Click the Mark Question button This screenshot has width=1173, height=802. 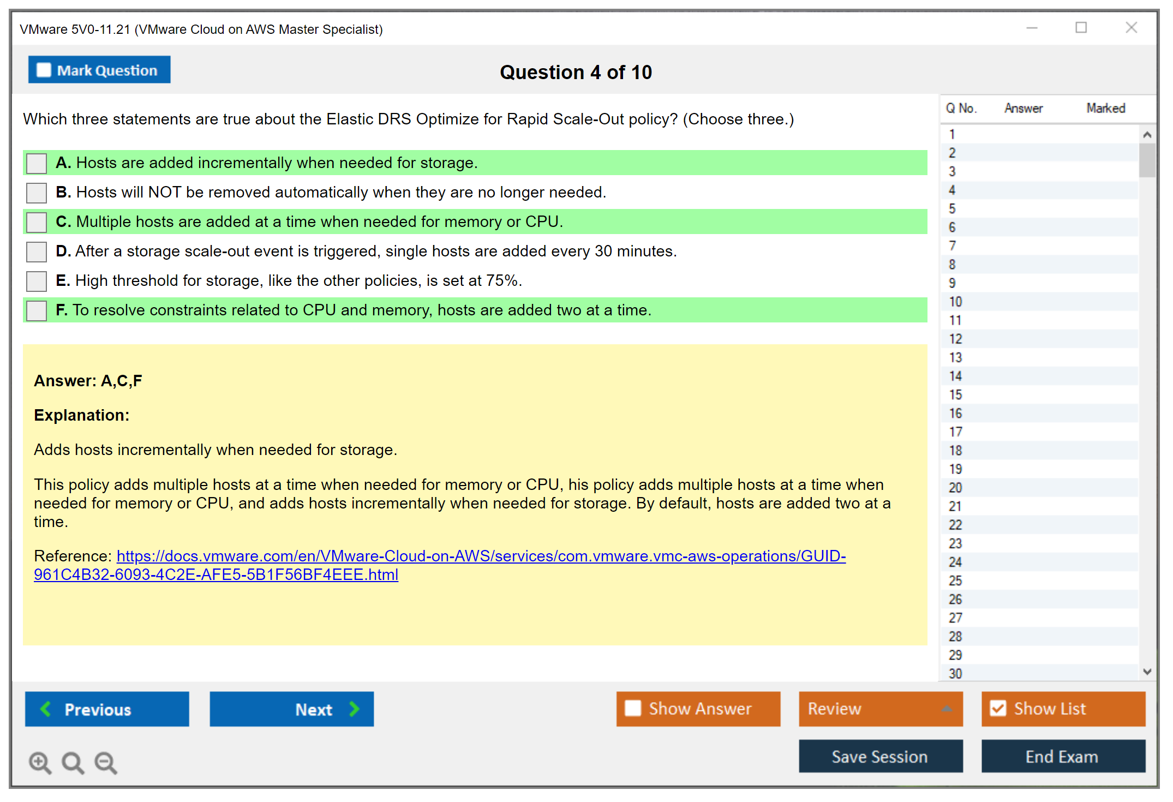point(99,70)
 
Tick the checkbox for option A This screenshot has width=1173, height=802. point(37,163)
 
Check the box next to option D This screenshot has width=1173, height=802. point(37,252)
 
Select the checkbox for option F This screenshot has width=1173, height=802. point(37,310)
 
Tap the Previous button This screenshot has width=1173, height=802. point(107,709)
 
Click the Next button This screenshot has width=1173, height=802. point(292,709)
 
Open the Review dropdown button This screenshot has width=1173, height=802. point(881,709)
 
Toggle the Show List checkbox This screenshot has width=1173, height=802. point(998,708)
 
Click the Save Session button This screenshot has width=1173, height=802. point(881,756)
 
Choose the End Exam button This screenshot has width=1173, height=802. point(1063,756)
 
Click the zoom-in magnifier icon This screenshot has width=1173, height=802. point(40,762)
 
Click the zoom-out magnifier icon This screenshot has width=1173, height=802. point(106,762)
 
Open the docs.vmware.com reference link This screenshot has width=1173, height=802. point(440,565)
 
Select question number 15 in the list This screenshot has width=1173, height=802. point(955,394)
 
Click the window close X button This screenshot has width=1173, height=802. point(1132,27)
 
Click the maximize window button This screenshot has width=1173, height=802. point(1081,27)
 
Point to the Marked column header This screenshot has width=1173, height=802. point(1106,108)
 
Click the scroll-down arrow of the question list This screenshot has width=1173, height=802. point(1147,672)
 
